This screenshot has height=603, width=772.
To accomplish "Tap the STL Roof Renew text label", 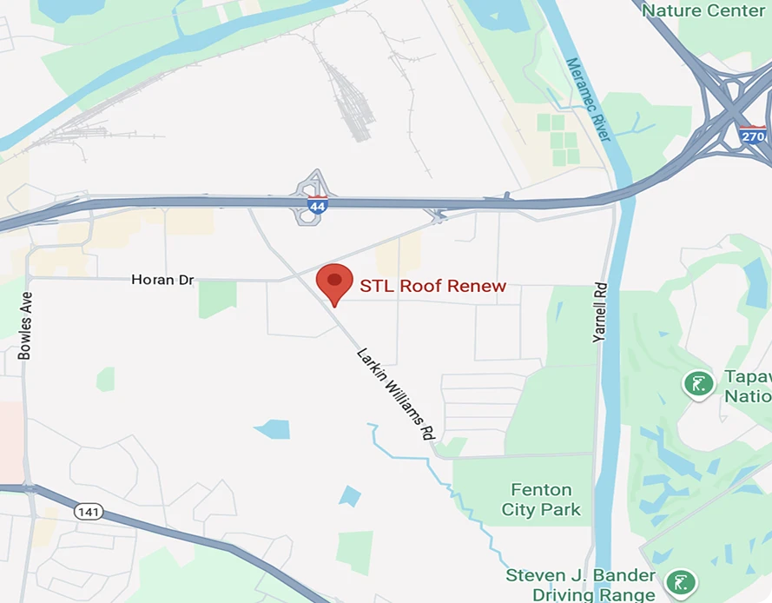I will (432, 286).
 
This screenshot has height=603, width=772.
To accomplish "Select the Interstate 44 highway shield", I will (317, 206).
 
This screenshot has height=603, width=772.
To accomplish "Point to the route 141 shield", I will (89, 511).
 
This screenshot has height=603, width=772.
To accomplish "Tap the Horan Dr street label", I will (162, 280).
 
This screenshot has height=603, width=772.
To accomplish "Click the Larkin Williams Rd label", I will (395, 393).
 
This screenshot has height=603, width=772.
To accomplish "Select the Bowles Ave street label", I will (25, 325).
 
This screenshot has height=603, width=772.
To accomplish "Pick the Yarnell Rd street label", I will (599, 311).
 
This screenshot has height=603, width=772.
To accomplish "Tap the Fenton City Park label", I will (542, 500).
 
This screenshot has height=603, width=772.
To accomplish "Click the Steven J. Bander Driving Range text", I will (580, 585).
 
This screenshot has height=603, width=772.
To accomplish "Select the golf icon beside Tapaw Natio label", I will (698, 383).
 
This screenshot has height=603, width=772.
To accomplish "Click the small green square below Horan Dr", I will (217, 298).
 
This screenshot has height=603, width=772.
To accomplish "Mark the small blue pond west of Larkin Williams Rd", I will (273, 428).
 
